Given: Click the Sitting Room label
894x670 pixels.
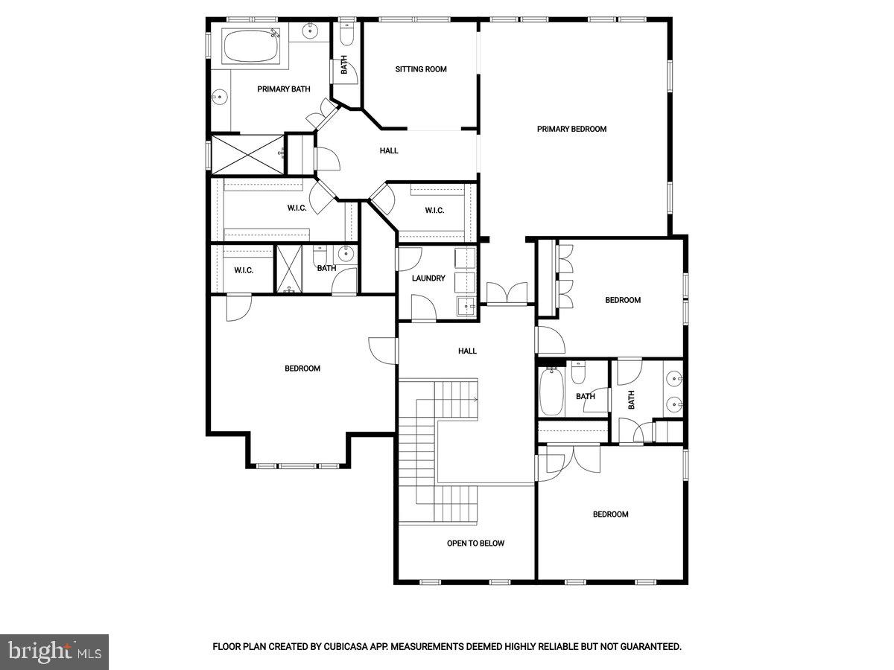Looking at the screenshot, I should (x=421, y=69).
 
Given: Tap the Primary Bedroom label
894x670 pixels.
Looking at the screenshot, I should (x=571, y=129).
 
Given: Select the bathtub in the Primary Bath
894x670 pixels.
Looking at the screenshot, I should (x=251, y=47).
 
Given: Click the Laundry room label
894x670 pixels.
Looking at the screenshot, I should (x=428, y=278).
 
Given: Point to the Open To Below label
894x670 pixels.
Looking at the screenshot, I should (x=475, y=543).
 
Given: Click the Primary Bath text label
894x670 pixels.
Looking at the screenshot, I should (x=284, y=89).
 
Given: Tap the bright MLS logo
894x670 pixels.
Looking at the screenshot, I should (x=54, y=651).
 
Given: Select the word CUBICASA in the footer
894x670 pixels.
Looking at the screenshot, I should (x=346, y=647).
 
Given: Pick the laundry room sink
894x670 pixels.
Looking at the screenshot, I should (x=466, y=305).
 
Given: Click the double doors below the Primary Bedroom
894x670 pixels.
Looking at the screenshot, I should (x=507, y=293).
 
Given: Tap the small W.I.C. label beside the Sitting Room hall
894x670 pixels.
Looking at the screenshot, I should (x=434, y=211).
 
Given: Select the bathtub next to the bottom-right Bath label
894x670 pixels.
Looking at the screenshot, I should (x=552, y=392).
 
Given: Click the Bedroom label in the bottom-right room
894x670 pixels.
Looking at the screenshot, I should (x=610, y=514).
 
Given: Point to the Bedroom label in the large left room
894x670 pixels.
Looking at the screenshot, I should (x=302, y=368).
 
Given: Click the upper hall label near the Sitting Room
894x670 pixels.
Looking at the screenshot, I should (x=389, y=150).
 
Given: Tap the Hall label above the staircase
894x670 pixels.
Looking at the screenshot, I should (x=467, y=351).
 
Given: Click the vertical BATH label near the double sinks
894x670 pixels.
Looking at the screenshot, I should (x=632, y=400).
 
